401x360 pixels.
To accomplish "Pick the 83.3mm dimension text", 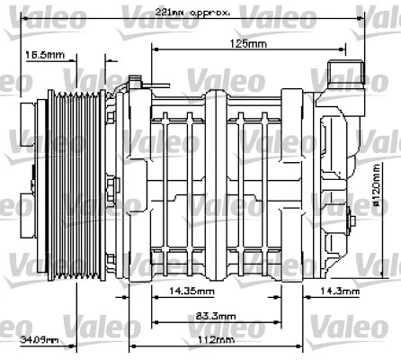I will coord(215,316).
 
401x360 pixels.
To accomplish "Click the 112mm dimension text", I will coord(215,340).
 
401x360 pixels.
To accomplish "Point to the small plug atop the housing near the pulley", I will coord(137,85).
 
